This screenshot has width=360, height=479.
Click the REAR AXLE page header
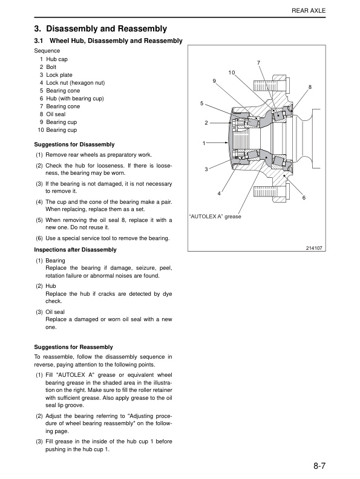[x=309, y=11]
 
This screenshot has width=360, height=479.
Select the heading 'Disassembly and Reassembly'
[x=106, y=28]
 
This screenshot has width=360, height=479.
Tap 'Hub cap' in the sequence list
[x=57, y=59]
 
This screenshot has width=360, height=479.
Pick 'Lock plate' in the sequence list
[x=59, y=75]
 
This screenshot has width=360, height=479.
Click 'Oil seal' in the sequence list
[x=56, y=114]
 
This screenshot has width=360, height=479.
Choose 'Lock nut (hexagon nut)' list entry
[x=76, y=83]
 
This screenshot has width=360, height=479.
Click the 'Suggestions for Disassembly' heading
[x=74, y=145]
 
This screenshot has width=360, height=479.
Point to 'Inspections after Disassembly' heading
[x=75, y=250]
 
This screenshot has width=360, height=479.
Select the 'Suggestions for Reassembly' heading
[x=73, y=347]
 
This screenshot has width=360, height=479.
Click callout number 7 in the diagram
[x=258, y=63]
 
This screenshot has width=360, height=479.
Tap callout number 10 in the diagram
[x=232, y=73]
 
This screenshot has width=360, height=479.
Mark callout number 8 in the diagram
[x=310, y=87]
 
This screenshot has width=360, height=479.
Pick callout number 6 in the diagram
[x=304, y=198]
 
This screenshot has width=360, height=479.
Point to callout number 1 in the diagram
[x=204, y=143]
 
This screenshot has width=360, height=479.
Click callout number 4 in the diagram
[x=219, y=194]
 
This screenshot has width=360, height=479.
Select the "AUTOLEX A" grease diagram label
[x=215, y=217]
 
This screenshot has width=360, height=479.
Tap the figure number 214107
[x=314, y=249]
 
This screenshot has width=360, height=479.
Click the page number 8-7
[x=319, y=466]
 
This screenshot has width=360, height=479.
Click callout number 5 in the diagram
[x=201, y=103]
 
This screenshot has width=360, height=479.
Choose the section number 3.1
[x=39, y=41]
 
